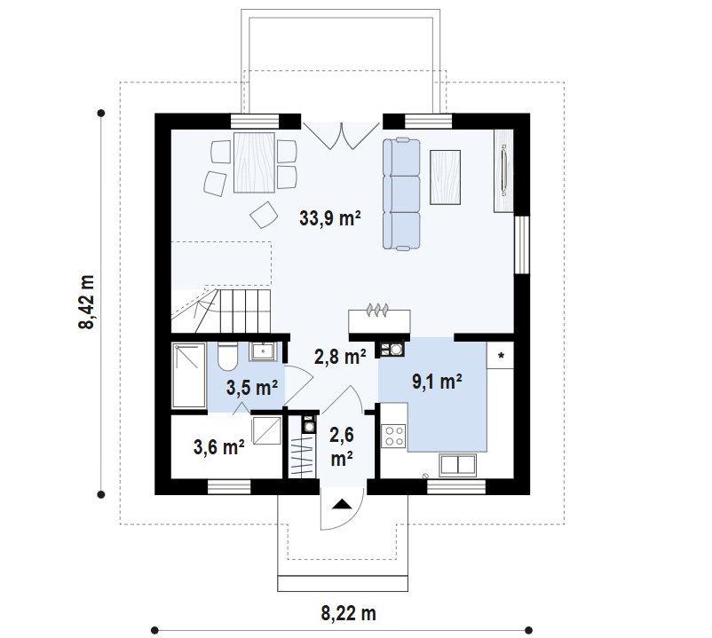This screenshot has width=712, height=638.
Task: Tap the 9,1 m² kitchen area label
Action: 436,382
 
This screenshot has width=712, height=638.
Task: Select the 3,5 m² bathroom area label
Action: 251,388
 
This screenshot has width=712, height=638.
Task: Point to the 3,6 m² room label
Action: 218,447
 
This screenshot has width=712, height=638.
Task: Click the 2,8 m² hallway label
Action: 340,357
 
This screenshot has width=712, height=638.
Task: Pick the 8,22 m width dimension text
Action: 348,612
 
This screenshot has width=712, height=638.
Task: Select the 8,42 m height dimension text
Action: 87,302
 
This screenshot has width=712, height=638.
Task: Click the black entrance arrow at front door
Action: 342,505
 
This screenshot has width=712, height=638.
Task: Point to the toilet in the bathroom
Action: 226,356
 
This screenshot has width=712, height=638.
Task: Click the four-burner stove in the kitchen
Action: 393,436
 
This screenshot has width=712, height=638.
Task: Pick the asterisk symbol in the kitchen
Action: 501,357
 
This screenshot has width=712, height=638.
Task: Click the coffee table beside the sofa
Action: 446,177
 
